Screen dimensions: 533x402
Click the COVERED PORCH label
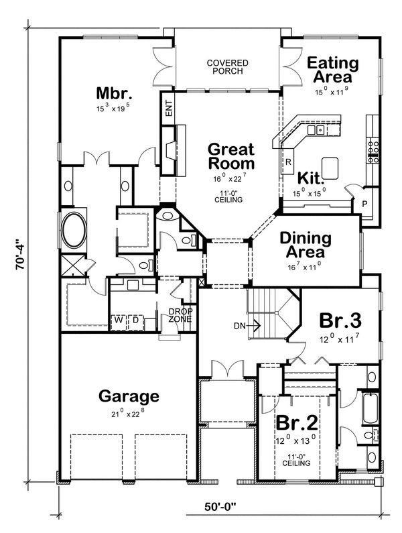227,68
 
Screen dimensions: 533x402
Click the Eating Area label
333,70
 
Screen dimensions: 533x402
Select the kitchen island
331,166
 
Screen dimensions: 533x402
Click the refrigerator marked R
287,162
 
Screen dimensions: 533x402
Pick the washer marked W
118,320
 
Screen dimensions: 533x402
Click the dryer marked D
134,320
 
